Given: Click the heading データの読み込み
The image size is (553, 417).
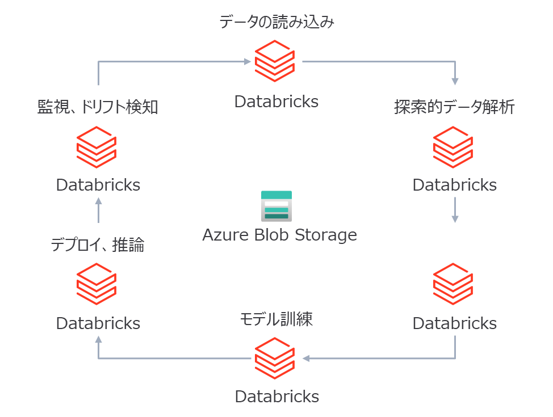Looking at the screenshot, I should coord(276,23).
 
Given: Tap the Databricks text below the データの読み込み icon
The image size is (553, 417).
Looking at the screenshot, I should coord(276,102).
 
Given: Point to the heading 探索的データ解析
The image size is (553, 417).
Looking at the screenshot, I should coord(454,107).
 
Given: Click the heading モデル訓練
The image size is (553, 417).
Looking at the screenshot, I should coord(276,319).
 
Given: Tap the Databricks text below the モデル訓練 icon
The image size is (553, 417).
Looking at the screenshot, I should coord(276,396).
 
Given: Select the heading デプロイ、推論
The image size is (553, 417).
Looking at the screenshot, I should coord(98,245).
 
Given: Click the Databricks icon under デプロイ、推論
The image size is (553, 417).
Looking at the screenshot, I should coord(97,284).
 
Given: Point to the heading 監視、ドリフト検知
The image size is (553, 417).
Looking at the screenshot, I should coord(98,107).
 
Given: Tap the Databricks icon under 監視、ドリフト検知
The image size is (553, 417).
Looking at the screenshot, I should coord(97,148).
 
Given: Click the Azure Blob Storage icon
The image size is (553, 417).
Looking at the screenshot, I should coord(276,206).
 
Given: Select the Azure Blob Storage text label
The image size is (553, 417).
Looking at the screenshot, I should coord(279,235).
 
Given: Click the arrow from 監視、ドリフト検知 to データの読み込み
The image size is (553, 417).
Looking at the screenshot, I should coord(170,61).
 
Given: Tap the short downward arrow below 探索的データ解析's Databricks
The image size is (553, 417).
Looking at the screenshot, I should coord(455,210).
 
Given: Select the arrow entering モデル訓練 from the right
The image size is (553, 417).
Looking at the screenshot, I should coord(386,359).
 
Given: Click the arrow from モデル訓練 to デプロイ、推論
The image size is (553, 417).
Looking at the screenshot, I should coord(170,359).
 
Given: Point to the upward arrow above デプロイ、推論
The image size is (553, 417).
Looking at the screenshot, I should coord(98,210).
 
